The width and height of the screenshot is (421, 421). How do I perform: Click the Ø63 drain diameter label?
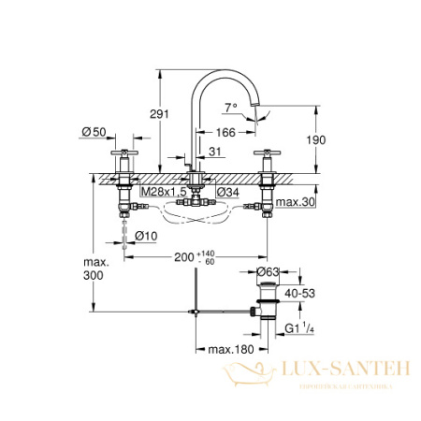[x=271, y=272]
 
